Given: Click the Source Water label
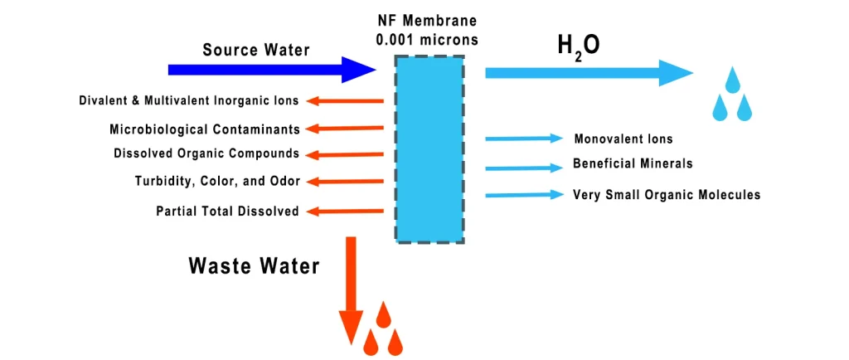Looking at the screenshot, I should pyautogui.click(x=256, y=50).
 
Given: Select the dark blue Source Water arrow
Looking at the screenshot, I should pyautogui.click(x=265, y=71).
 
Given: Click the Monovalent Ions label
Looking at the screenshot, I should pyautogui.click(x=623, y=139).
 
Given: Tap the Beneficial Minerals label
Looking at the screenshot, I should pyautogui.click(x=632, y=163).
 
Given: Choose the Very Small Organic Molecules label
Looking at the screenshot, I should pyautogui.click(x=666, y=195).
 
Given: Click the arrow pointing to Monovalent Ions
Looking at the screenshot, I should pyautogui.click(x=523, y=139).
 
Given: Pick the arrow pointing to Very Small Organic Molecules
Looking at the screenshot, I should pyautogui.click(x=523, y=195).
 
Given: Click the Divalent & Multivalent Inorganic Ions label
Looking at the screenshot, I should pyautogui.click(x=188, y=101).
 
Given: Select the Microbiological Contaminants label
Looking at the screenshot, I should pyautogui.click(x=204, y=129).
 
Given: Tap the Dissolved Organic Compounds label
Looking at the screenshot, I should pyautogui.click(x=206, y=153).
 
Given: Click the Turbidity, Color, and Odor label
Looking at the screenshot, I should pyautogui.click(x=217, y=181).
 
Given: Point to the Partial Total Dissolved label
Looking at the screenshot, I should pyautogui.click(x=227, y=212).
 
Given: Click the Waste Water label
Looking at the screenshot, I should pyautogui.click(x=253, y=265).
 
